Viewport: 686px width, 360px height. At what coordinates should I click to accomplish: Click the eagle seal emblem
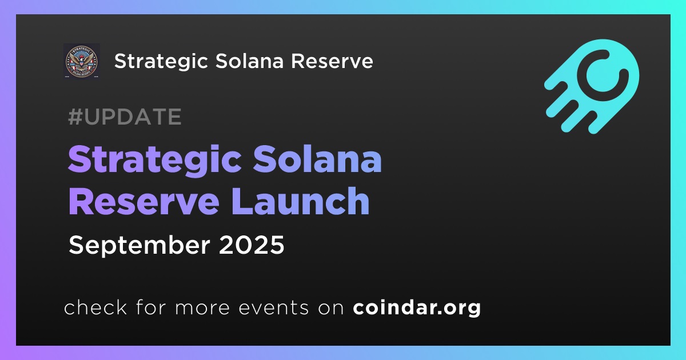point(81,61)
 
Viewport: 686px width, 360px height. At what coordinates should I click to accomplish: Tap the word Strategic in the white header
point(161,62)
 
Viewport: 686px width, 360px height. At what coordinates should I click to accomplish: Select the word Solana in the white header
point(250,61)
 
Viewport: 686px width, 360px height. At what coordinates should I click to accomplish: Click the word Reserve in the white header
point(332,61)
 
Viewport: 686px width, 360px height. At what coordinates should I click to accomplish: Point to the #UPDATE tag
point(125,117)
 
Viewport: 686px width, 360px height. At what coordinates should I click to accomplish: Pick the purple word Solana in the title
point(317,159)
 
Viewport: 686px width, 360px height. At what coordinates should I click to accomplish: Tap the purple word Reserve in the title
point(144,202)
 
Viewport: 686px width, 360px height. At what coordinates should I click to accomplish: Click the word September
point(139,246)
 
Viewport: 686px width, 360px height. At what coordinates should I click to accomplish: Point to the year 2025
point(252,245)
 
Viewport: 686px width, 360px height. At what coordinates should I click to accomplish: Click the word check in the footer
point(95,307)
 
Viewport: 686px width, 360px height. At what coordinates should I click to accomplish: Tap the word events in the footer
point(273,307)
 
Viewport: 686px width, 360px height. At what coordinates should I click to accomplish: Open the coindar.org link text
point(417,307)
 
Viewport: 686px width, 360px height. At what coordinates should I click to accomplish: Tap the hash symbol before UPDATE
point(75,117)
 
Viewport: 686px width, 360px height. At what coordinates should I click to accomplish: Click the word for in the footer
point(151,307)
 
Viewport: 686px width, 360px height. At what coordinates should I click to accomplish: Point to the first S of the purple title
point(81,159)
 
